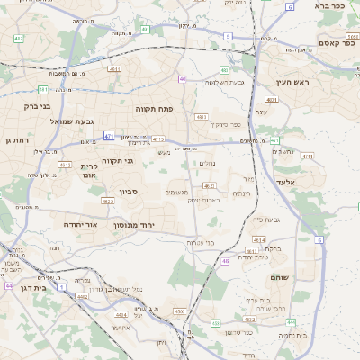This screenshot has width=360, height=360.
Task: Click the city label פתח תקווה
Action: [154, 108]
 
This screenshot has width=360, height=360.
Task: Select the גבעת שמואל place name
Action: [67, 121]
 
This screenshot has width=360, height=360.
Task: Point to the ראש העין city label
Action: [293, 82]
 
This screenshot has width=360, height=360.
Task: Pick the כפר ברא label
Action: [329, 5]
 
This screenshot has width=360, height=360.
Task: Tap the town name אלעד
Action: [309, 183]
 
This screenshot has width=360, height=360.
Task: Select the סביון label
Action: [129, 191]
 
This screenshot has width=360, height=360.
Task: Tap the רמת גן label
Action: [17, 139]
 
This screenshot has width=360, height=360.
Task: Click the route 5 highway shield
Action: [228, 36]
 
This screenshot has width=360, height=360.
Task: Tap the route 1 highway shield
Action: [62, 286]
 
